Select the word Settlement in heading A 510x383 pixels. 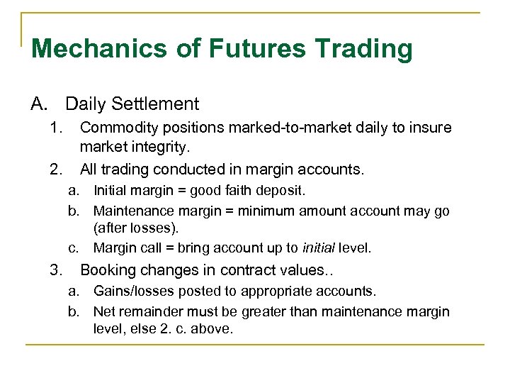click(154, 104)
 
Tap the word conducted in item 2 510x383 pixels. click(189, 170)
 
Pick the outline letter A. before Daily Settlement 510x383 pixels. click(39, 104)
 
